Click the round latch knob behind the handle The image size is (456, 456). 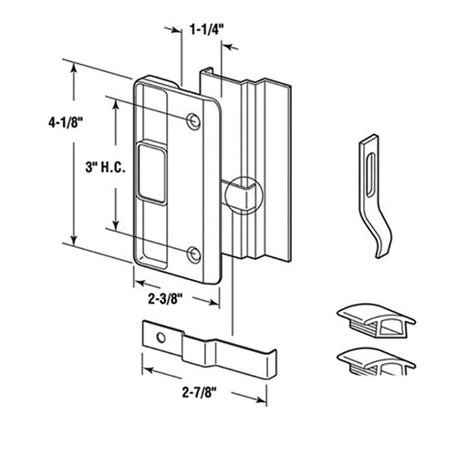[x=245, y=192]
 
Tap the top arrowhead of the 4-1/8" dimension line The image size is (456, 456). [x=74, y=69]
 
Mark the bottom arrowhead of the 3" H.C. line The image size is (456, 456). [x=116, y=228]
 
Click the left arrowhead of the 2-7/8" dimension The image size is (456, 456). [x=144, y=371]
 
